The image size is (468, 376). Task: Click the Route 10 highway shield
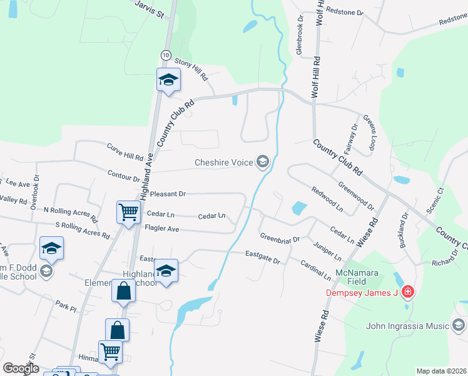click(165, 55)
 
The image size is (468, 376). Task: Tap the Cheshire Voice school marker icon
click(263, 163)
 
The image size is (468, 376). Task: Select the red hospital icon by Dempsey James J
click(407, 292)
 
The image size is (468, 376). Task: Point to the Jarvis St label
click(149, 8)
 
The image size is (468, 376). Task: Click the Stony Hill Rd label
click(191, 68)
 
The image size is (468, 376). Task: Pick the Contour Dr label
click(123, 175)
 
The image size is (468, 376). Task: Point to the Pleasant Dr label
click(168, 194)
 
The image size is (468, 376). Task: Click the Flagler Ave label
click(161, 229)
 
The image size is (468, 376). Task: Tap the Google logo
click(21, 368)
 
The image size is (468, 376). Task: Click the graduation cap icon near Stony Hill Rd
click(168, 80)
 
